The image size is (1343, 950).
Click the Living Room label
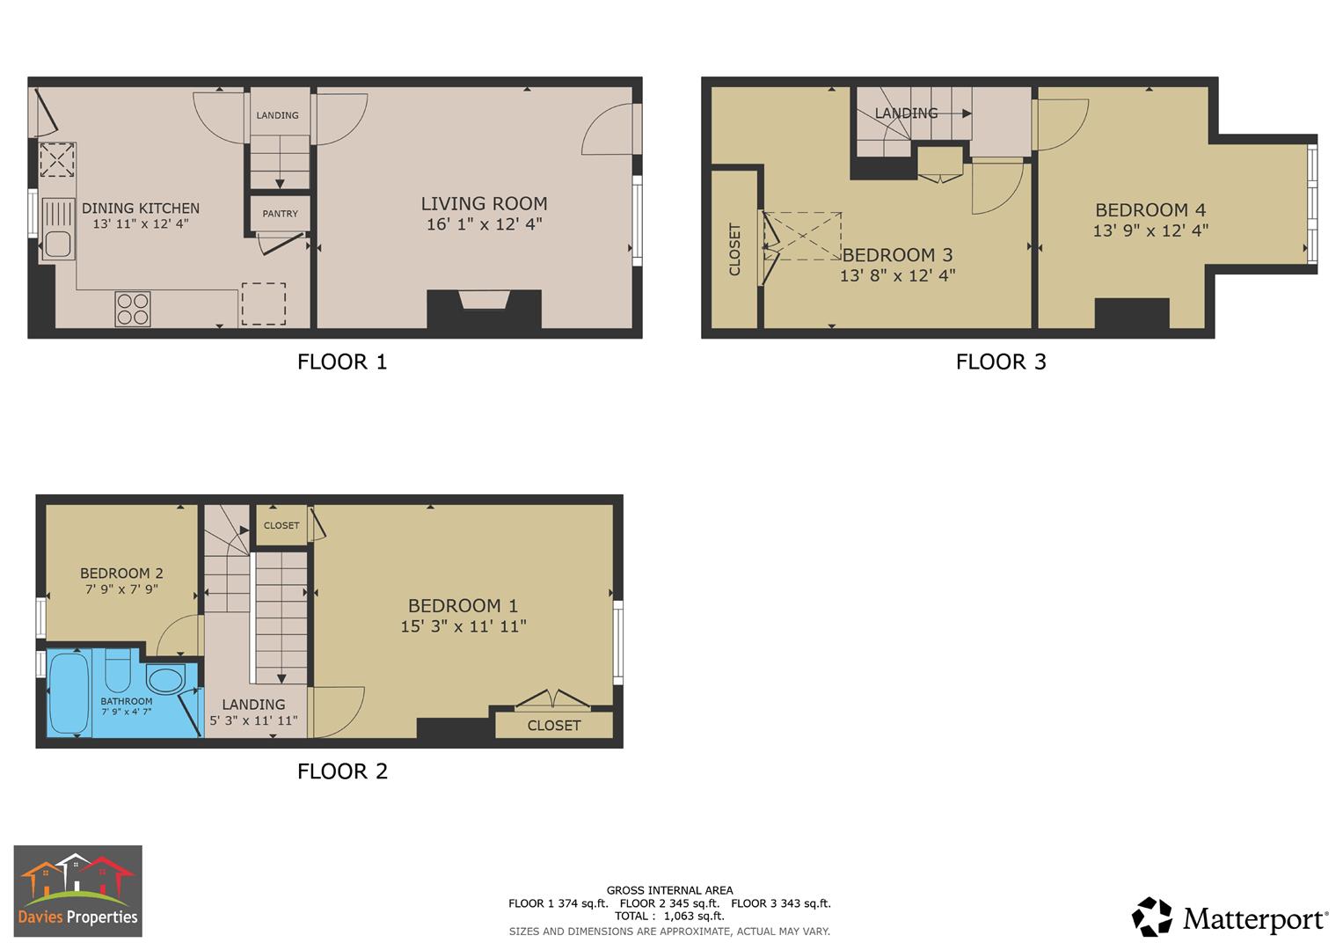pos(484,203)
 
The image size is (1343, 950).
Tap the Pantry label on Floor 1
pos(280,214)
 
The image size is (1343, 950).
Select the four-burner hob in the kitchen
pos(133,309)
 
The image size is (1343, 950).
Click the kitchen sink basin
pos(58,244)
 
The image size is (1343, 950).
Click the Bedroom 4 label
pos(1150,210)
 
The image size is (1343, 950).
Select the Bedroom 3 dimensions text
pos(897,275)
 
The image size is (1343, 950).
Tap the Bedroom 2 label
pos(121,573)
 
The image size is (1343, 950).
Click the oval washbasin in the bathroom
pos(164,679)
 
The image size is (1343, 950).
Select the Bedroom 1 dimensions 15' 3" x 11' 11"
pos(463,626)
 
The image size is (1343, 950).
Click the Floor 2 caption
pos(342,771)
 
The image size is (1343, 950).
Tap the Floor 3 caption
pos(1001,362)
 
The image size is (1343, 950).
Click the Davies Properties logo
pos(77,891)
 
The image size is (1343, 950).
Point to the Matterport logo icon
pos(1151,917)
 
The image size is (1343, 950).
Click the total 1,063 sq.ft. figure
pos(669,916)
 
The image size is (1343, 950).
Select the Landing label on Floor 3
pos(906,113)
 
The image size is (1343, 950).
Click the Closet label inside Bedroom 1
pos(554,726)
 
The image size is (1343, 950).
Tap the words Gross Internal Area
pos(669,890)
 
